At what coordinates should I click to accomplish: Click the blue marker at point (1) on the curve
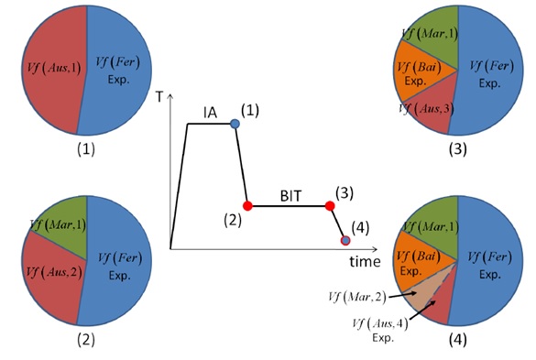click(x=235, y=124)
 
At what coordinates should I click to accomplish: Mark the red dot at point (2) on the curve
click(x=246, y=205)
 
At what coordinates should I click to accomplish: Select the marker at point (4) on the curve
click(x=345, y=241)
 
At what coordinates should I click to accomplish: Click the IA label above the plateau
click(x=211, y=113)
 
